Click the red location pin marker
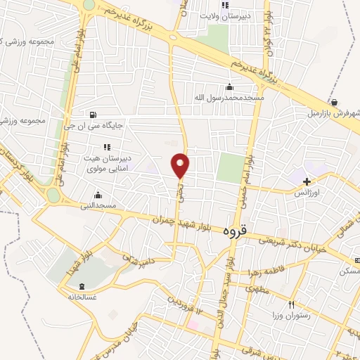coord(181,165)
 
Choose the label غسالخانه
coord(84,297)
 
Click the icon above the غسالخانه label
coord(84,286)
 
